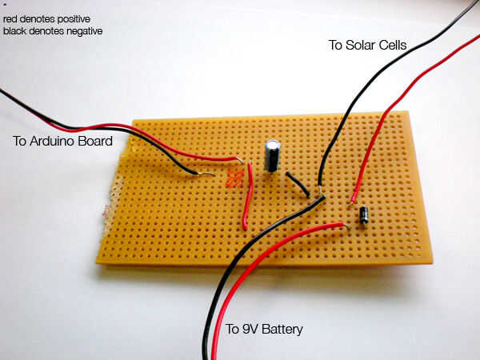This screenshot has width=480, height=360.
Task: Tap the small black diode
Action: click(364, 215)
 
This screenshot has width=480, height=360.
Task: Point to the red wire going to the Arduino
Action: click(160, 139)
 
